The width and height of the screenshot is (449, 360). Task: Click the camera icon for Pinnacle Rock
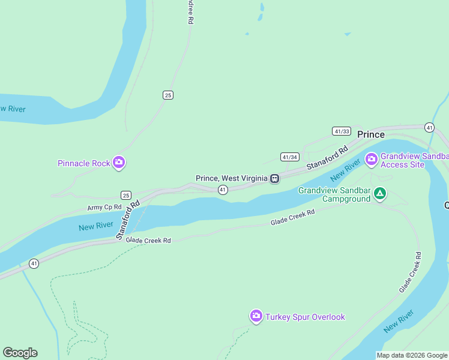pyautogui.click(x=119, y=163)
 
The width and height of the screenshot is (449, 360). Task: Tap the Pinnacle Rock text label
pyautogui.click(x=84, y=163)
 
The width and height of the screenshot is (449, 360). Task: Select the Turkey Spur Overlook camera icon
pyautogui.click(x=256, y=316)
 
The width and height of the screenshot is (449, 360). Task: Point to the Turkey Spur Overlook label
pyautogui.click(x=306, y=317)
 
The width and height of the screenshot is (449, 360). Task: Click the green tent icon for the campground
pyautogui.click(x=379, y=193)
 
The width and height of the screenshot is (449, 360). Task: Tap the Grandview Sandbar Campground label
pyautogui.click(x=334, y=194)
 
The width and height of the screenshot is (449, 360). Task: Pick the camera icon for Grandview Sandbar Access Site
pyautogui.click(x=371, y=159)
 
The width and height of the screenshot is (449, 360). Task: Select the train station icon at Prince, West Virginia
pyautogui.click(x=274, y=178)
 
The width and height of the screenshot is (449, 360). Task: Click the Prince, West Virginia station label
pyautogui.click(x=231, y=178)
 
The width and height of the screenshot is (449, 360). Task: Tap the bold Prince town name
pyautogui.click(x=371, y=134)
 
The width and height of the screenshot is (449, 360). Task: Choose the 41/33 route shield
pyautogui.click(x=341, y=131)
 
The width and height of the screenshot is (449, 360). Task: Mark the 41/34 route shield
pyautogui.click(x=289, y=157)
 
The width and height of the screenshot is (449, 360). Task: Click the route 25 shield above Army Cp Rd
pyautogui.click(x=125, y=195)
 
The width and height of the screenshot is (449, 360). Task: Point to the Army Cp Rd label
pyautogui.click(x=104, y=207)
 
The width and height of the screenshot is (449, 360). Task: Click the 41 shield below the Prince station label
pyautogui.click(x=223, y=190)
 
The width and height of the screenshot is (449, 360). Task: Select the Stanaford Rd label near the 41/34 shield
pyautogui.click(x=327, y=158)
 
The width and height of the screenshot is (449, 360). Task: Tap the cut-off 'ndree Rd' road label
pyautogui.click(x=190, y=11)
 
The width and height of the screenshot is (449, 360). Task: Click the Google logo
pyautogui.click(x=20, y=353)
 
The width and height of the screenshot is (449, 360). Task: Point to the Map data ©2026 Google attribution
pyautogui.click(x=412, y=355)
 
